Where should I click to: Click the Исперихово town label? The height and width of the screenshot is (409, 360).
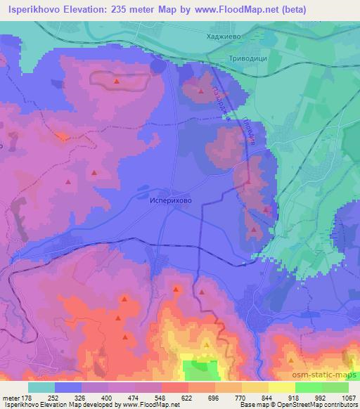171,199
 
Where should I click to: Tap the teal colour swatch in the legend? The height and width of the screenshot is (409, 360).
41,387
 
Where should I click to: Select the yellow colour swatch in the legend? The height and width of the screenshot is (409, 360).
281,387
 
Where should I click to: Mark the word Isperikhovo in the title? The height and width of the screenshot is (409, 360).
33,9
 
